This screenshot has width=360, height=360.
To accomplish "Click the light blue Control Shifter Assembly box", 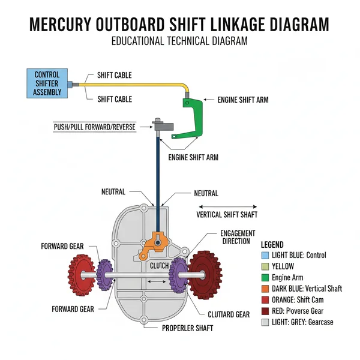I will pos(47,83).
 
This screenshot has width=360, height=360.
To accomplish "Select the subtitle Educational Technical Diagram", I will pos(179,41).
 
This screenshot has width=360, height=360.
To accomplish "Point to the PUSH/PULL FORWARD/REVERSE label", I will pos(95,127).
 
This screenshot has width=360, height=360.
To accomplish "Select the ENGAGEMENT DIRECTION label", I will pos(238,236).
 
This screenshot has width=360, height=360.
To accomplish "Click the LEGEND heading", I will pos(273,245).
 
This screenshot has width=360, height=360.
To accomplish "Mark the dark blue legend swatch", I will pos(266,289).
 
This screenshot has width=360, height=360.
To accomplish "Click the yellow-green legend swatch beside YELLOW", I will pos(266,266).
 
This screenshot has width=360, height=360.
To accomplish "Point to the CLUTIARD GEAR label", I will pos(229,314).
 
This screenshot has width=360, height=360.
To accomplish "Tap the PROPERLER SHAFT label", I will pos(187,329).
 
